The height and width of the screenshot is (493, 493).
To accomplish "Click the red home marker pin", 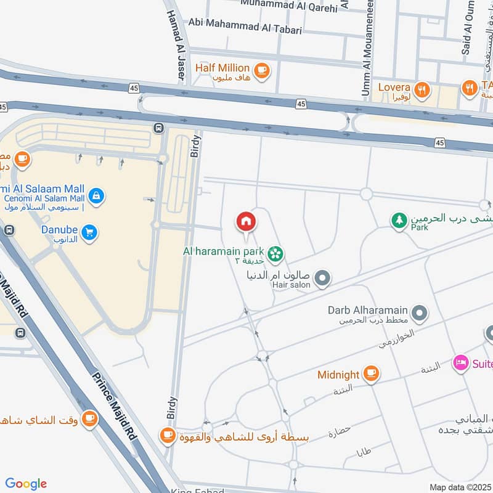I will tap(245, 221).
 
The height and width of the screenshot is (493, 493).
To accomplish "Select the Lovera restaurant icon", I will tap(422, 89).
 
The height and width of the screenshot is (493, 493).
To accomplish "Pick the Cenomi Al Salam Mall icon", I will tap(96, 197).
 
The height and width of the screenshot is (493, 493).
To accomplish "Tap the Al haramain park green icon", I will tap(275, 253).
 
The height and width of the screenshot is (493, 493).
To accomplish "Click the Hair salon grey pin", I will tap(322, 280).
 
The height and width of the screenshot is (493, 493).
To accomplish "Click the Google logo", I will tap(26, 484).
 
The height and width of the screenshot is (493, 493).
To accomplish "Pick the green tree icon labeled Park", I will tap(400, 220).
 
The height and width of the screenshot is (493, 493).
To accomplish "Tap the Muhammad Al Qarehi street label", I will tap(289, 7).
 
